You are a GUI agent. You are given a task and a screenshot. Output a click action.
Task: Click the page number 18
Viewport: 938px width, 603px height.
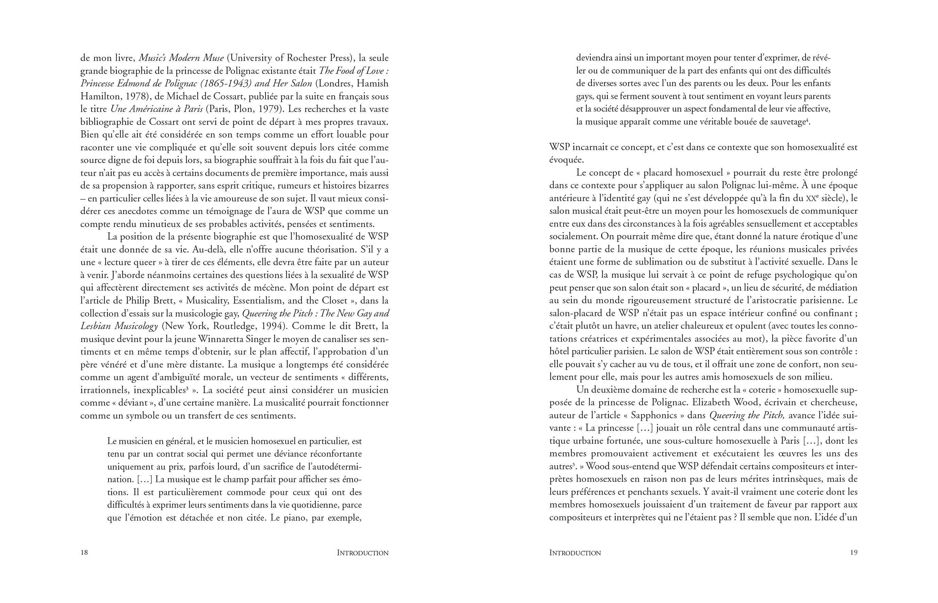[84, 553]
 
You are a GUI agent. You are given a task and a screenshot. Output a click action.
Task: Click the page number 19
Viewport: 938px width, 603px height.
[854, 553]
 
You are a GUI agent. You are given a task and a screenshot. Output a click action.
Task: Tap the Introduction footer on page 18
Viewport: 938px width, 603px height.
[363, 553]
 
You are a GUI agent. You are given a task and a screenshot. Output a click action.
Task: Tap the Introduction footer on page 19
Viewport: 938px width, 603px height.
[575, 553]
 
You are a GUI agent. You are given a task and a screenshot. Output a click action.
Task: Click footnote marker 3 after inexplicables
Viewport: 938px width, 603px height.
[187, 388]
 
